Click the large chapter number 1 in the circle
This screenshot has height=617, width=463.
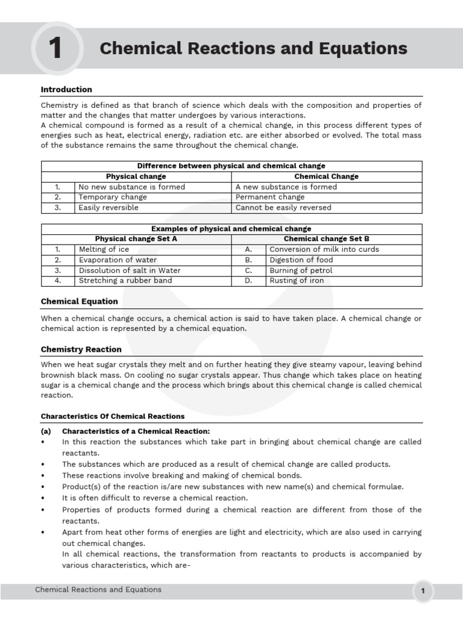pyautogui.click(x=55, y=49)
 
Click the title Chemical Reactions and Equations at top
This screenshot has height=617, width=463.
pyautogui.click(x=253, y=48)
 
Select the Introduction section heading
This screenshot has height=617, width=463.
pyautogui.click(x=66, y=89)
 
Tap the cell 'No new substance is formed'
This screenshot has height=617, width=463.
pyautogui.click(x=132, y=187)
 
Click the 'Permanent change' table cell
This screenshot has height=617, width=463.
pyautogui.click(x=270, y=197)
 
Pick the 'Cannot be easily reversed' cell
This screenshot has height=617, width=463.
pyautogui.click(x=283, y=207)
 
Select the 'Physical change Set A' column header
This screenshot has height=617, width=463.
pyautogui.click(x=136, y=239)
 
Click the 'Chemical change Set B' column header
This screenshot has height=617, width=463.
pyautogui.click(x=326, y=239)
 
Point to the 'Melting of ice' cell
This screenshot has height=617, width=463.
pyautogui.click(x=104, y=249)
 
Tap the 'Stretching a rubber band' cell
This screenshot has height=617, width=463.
pyautogui.click(x=125, y=280)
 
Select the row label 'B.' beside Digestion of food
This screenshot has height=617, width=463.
pyautogui.click(x=248, y=260)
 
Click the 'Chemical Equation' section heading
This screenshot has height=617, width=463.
pyautogui.click(x=79, y=301)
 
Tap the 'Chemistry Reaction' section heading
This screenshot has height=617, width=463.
pyautogui.click(x=81, y=349)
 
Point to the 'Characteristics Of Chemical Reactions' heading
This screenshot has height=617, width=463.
pyautogui.click(x=113, y=416)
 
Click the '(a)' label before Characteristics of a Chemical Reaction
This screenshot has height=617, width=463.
pyautogui.click(x=46, y=431)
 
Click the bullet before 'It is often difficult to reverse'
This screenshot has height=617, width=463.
pyautogui.click(x=43, y=498)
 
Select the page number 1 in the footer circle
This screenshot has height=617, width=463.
pyautogui.click(x=423, y=591)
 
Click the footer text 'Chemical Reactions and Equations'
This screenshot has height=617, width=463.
pyautogui.click(x=98, y=589)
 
